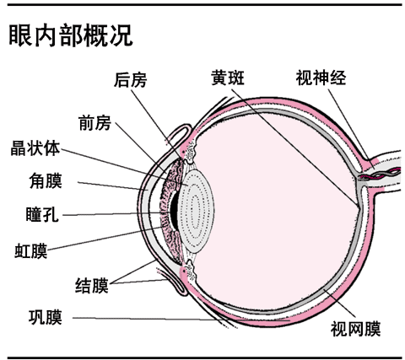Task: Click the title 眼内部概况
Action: [69, 35]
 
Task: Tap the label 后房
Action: [130, 80]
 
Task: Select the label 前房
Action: [94, 124]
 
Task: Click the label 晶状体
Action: [35, 150]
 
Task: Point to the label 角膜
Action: [45, 180]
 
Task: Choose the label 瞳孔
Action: [42, 214]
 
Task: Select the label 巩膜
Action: [45, 318]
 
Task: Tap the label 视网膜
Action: [355, 326]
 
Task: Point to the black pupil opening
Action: [174, 210]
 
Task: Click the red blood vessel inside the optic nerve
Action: [381, 172]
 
